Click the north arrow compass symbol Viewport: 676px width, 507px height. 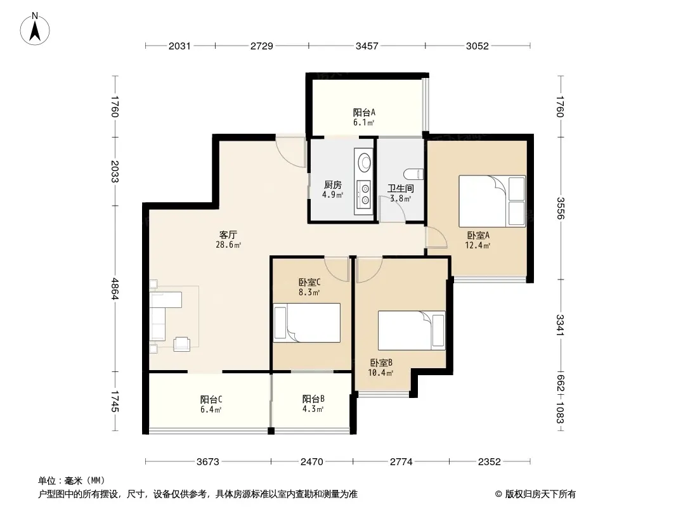point(35,29)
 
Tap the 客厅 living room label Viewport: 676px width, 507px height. point(228,234)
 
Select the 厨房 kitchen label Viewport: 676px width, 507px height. point(333,185)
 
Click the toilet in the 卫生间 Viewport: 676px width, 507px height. point(414,174)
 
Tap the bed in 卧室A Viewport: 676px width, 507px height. point(492,201)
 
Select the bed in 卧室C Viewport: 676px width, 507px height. point(306,323)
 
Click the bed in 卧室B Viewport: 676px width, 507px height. point(412,330)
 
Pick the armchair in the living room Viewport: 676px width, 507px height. point(181,343)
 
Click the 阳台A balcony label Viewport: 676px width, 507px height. point(364,112)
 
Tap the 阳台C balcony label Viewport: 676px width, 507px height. point(211,399)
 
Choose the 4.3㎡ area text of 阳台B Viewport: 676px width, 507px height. point(313,409)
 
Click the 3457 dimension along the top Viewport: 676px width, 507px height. point(367,46)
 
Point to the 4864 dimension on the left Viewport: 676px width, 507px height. point(115,288)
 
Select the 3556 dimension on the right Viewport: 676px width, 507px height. point(560,208)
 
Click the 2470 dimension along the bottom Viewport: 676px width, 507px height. point(312,462)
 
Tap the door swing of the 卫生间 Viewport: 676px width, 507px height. point(392,209)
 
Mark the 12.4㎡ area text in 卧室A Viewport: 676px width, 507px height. point(478,245)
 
